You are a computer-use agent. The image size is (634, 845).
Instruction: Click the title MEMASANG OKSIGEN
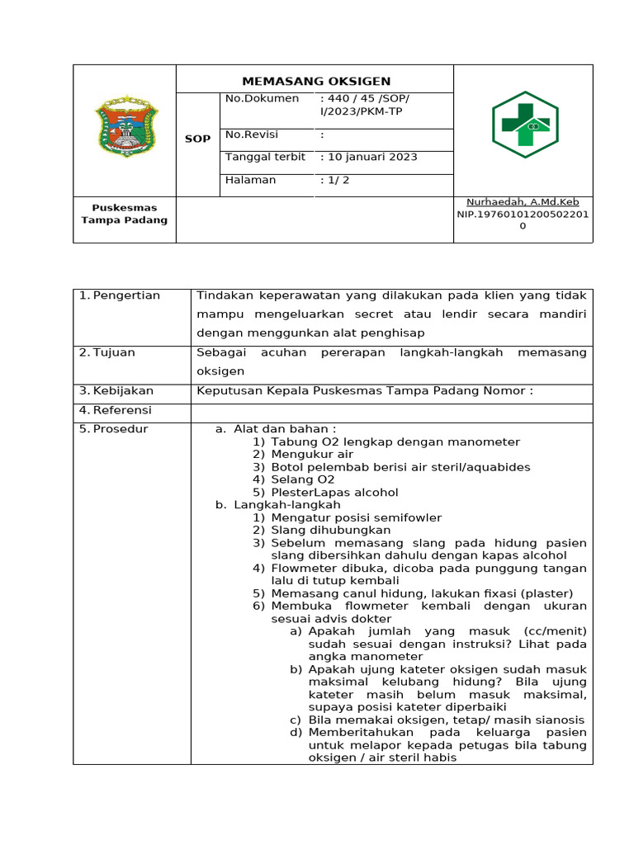(316, 81)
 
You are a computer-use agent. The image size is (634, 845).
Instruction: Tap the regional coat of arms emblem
(124, 127)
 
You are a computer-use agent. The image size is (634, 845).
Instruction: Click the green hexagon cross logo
(525, 125)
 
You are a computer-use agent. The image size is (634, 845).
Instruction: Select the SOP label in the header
(197, 139)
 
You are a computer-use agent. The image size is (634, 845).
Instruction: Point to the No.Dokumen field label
(262, 99)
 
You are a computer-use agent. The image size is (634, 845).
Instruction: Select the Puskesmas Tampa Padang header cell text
(124, 214)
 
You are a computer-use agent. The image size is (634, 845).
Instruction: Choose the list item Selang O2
(303, 479)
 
